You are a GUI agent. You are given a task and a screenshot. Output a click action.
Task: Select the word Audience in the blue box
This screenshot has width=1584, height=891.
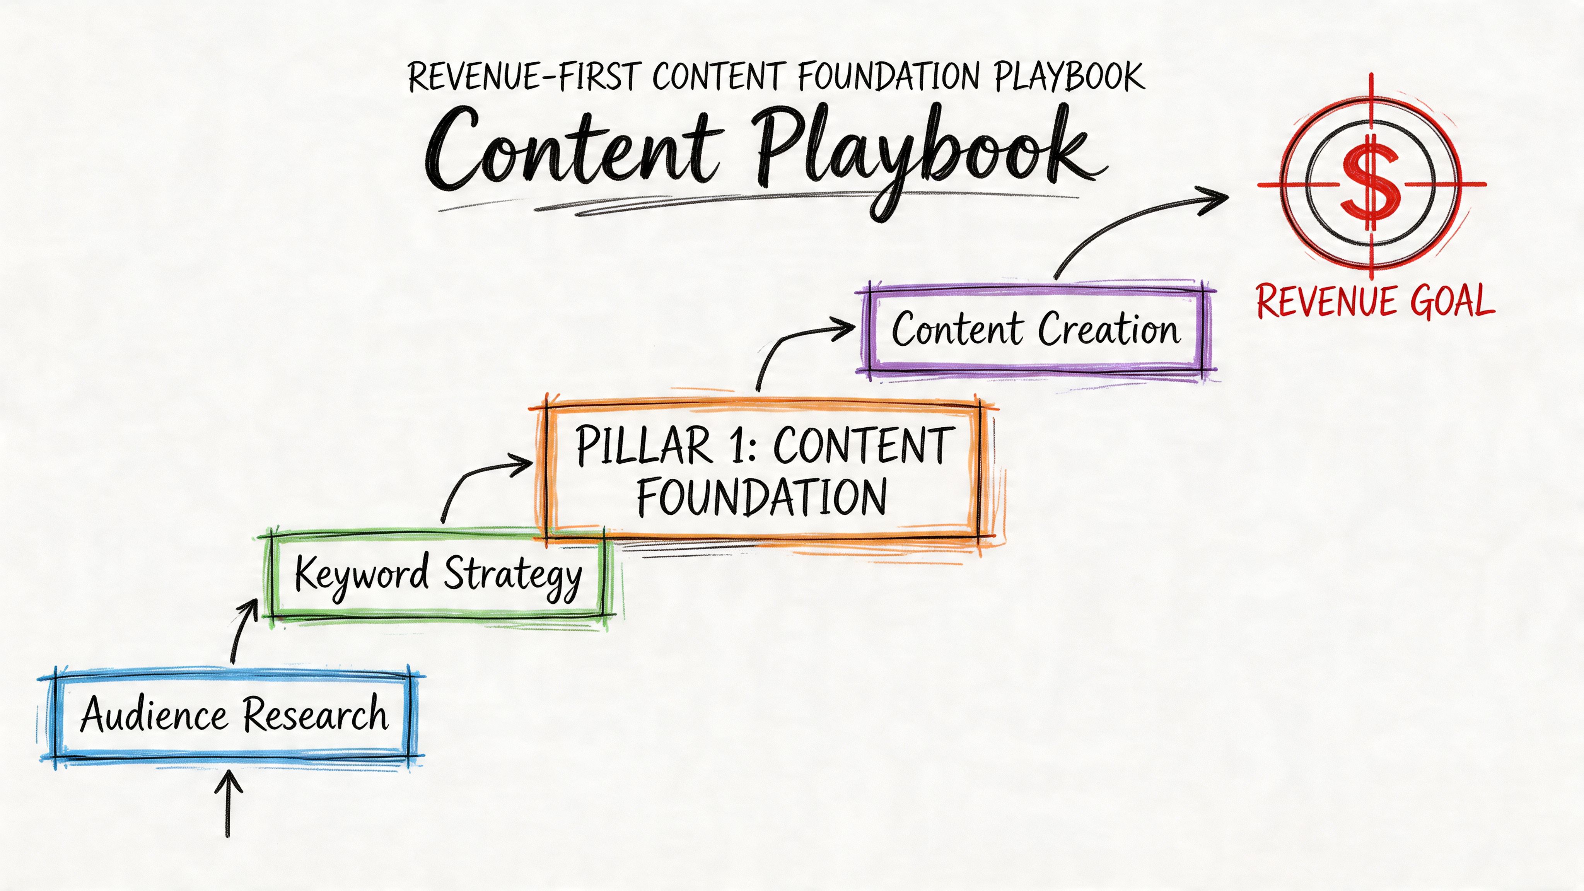point(154,715)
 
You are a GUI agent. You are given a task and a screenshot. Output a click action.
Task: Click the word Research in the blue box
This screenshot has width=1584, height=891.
point(315,715)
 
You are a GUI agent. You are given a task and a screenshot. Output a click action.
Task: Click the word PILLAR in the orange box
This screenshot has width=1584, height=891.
point(643,446)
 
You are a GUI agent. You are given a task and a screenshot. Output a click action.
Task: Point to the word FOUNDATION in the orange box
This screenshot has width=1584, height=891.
point(761,497)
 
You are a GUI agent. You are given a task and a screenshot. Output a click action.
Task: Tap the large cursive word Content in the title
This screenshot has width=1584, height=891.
point(572,151)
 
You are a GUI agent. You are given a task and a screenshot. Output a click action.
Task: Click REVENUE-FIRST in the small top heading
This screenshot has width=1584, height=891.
point(523,77)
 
